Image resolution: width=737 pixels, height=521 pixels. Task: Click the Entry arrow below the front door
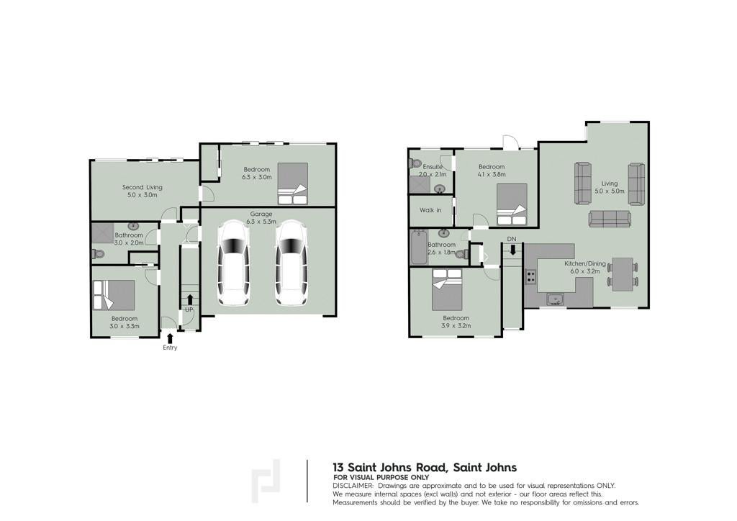point(170,337)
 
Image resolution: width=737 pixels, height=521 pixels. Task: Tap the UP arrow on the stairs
point(189,299)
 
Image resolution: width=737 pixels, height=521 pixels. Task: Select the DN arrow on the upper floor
point(512,249)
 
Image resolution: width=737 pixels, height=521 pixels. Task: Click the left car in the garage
point(233,263)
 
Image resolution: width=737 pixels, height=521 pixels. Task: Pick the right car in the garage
point(291,263)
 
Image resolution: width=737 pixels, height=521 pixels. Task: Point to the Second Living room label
point(142,187)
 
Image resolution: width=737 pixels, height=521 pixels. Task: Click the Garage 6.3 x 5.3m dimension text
point(261,221)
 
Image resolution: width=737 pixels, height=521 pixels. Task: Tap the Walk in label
point(430,210)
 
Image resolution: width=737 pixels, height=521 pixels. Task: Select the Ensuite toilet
point(415,163)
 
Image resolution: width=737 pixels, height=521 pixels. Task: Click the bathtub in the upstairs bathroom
point(418,247)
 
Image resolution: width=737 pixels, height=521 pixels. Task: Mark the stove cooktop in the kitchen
point(530,277)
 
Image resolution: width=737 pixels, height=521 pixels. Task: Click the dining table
point(623,274)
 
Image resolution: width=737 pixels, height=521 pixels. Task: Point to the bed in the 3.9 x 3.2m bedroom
point(446,289)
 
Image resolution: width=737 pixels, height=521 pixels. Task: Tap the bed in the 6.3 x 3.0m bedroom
point(293,184)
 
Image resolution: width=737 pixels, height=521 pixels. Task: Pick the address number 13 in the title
point(338,468)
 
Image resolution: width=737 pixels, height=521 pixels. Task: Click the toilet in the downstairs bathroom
point(97,254)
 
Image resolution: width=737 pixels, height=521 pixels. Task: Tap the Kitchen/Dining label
point(585,263)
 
